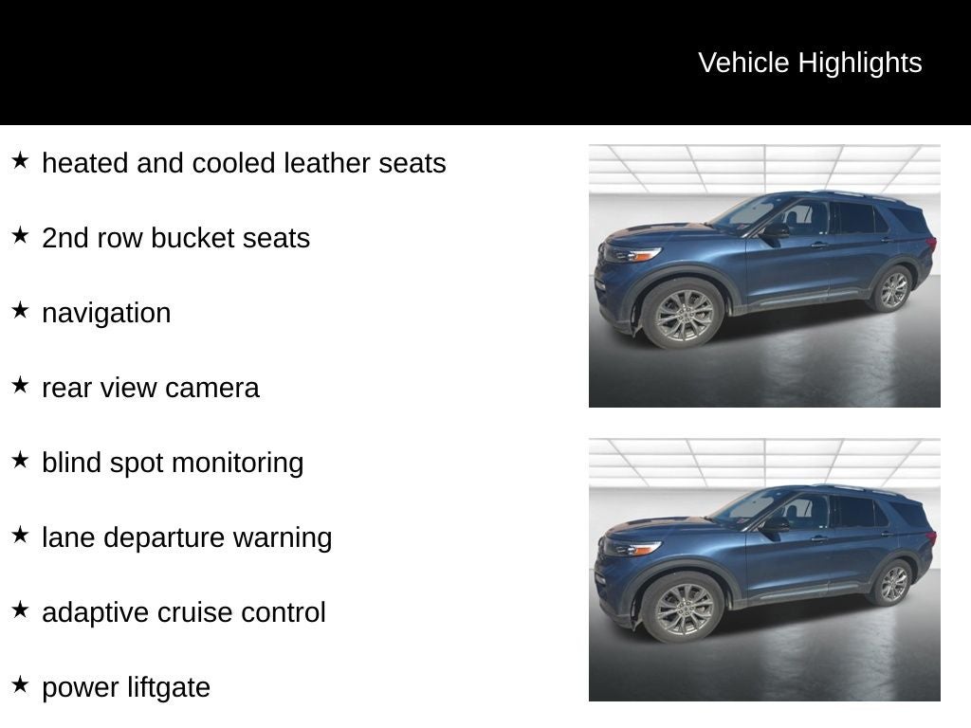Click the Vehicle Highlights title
(x=810, y=63)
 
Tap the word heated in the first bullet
(x=84, y=163)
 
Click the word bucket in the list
(x=192, y=238)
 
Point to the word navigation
(x=106, y=313)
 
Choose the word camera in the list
(x=211, y=388)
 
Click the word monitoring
(x=238, y=463)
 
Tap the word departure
(x=163, y=537)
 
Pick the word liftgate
(x=169, y=687)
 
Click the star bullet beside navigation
(x=21, y=310)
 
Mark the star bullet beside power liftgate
(x=21, y=684)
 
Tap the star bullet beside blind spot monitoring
(x=21, y=460)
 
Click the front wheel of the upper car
(x=683, y=314)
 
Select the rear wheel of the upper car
(x=893, y=289)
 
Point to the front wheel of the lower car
(x=683, y=608)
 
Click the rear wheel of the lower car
(x=893, y=583)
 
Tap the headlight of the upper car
(x=632, y=254)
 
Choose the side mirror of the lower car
(x=775, y=524)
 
